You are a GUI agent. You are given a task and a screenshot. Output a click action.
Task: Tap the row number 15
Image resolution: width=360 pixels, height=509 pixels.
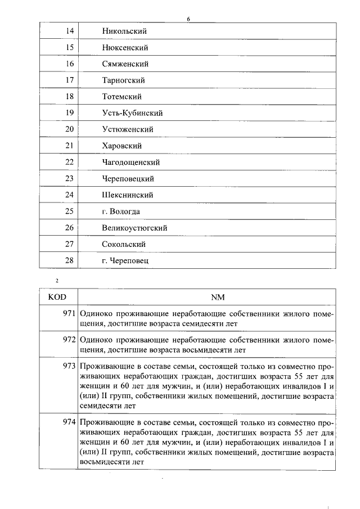tap(70, 48)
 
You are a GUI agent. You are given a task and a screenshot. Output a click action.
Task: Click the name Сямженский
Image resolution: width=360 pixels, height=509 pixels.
tap(125, 64)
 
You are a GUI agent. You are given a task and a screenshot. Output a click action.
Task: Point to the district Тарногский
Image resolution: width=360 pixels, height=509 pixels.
tap(124, 80)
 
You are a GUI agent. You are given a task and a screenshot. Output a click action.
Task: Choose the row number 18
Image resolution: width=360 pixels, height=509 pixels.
tap(70, 97)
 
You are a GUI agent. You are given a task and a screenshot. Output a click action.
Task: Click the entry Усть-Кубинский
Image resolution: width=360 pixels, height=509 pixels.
tap(132, 113)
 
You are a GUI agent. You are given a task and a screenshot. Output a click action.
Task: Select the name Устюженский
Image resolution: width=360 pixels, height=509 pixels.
tap(128, 129)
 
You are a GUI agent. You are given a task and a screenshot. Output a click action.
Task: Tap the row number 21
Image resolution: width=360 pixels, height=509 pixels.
tap(70, 146)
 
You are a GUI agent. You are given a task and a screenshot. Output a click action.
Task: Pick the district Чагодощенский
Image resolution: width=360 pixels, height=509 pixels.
tap(131, 163)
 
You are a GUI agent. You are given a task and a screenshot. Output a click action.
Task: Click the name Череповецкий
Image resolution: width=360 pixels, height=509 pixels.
tap(128, 179)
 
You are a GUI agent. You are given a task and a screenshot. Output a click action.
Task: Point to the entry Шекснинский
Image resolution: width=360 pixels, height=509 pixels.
tap(128, 195)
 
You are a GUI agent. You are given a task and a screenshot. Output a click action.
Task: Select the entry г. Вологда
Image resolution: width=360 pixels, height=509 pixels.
tap(121, 211)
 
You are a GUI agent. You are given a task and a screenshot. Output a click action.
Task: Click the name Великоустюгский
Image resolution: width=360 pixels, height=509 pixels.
tap(134, 228)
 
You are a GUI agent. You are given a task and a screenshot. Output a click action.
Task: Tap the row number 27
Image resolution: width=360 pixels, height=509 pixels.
tap(70, 244)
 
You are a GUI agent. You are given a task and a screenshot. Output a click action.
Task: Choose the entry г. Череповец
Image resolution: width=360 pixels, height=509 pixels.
tap(125, 261)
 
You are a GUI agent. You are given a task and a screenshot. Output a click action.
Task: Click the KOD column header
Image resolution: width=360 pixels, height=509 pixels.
tap(58, 297)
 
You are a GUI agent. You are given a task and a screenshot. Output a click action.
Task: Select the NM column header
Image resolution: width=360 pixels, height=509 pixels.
tap(217, 297)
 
